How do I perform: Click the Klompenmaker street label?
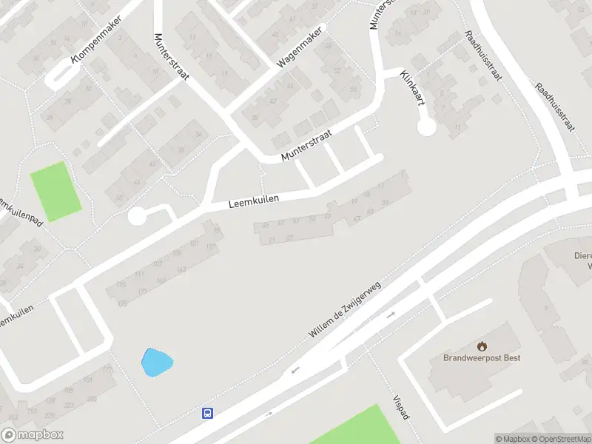(x=95, y=40)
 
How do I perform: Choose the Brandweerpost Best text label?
(x=482, y=358)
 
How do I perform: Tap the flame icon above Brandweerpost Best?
(x=482, y=346)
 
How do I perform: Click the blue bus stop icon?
(x=208, y=414)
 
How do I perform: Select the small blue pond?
(x=156, y=363)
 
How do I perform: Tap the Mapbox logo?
(x=33, y=435)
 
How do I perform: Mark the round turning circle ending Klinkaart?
(x=426, y=127)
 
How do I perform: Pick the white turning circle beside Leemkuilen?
(x=137, y=216)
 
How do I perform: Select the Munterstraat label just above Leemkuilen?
(x=306, y=146)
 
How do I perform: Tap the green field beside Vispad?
(x=355, y=428)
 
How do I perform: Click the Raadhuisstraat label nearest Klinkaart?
(x=483, y=56)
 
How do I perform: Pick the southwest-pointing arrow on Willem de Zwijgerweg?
(x=296, y=369)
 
